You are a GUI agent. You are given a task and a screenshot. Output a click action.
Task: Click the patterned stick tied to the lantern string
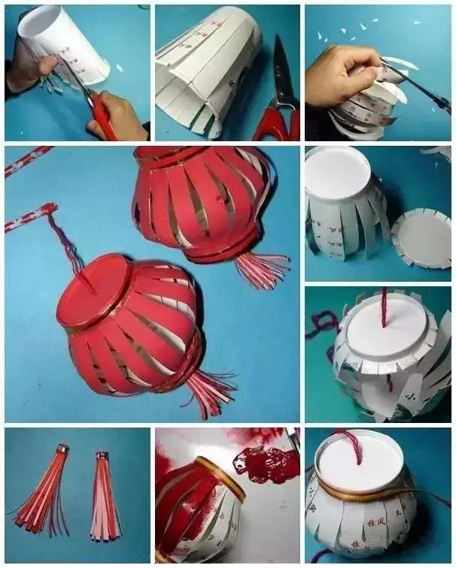(30, 218)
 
